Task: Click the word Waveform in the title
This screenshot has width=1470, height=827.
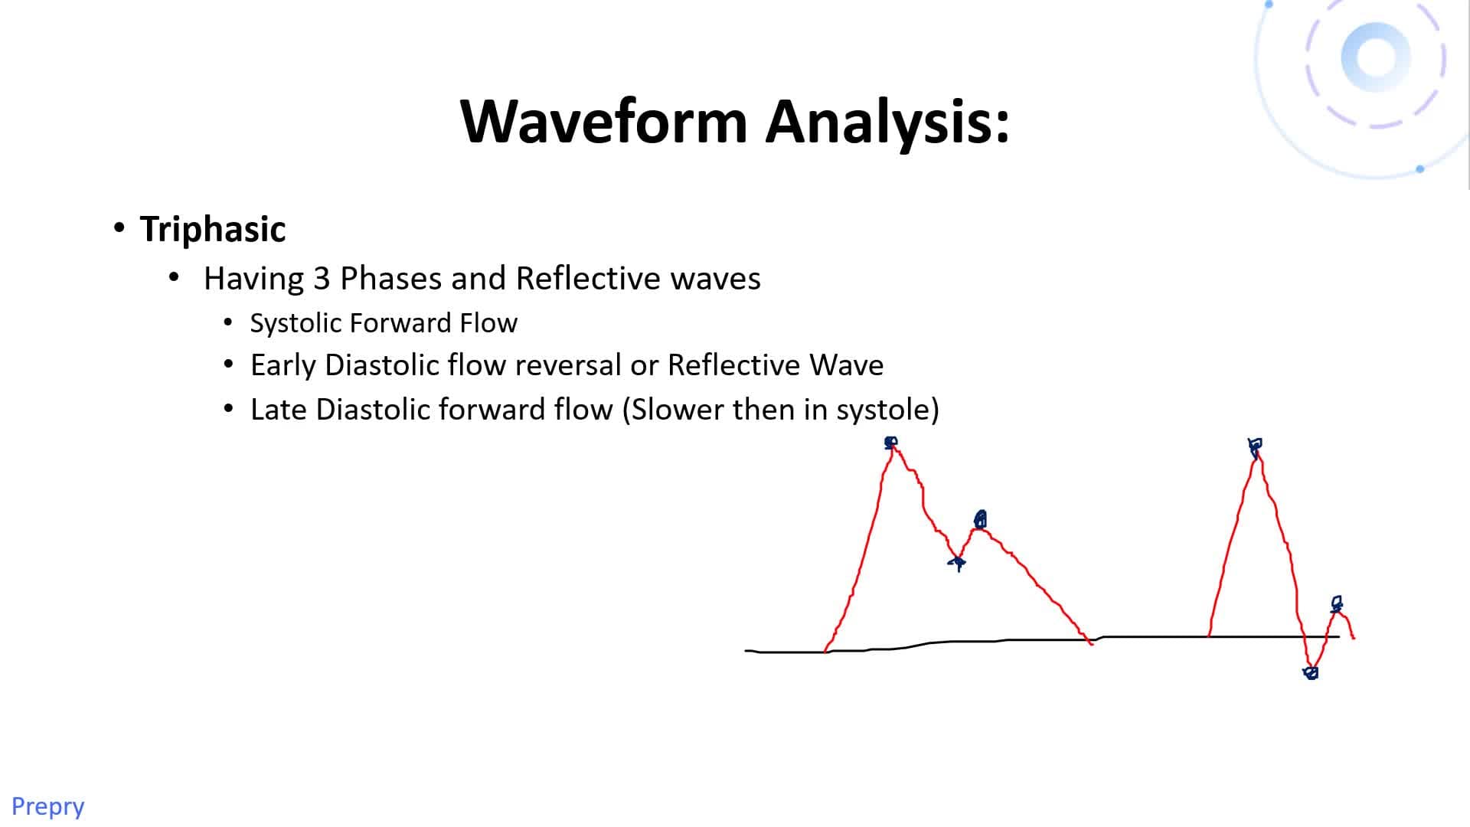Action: [x=603, y=121]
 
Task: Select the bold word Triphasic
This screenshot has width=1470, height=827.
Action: [x=213, y=229]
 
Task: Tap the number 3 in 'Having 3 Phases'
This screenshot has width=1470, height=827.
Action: [x=322, y=278]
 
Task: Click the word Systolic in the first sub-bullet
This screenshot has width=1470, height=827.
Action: [x=296, y=323]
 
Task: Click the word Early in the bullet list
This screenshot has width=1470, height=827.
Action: [x=283, y=365]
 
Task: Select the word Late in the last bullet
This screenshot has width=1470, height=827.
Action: [x=279, y=410]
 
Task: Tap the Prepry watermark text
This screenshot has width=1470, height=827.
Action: [x=47, y=806]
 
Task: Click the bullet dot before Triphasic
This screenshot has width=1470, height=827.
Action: [x=119, y=228]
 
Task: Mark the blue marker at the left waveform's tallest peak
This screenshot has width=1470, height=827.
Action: [x=890, y=443]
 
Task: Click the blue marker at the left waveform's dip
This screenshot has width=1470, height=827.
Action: [x=957, y=563]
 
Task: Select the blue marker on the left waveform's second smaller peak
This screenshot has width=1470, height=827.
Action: [x=980, y=520]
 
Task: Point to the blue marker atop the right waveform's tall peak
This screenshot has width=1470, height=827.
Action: [x=1255, y=446]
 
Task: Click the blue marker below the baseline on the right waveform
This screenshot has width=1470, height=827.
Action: [x=1310, y=672]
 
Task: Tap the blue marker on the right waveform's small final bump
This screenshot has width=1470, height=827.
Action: [x=1336, y=604]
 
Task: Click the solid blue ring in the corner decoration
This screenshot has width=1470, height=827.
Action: [x=1375, y=57]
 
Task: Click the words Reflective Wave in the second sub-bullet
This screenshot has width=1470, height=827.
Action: [x=775, y=365]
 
